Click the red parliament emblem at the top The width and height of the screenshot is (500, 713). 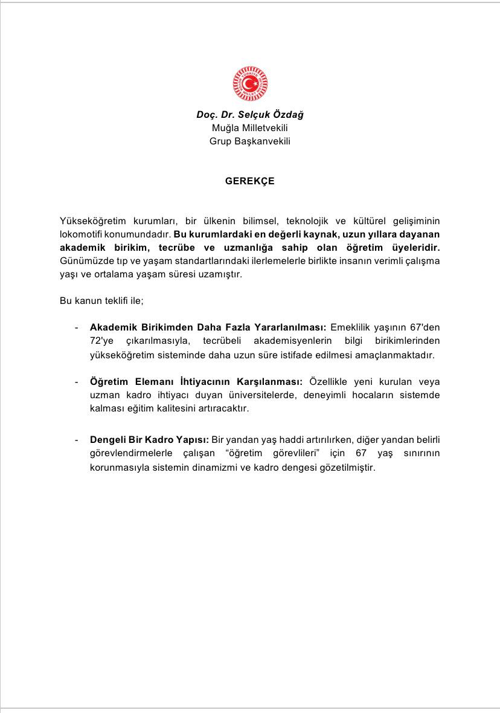pos(250,84)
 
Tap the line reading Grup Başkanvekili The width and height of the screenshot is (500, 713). pos(250,141)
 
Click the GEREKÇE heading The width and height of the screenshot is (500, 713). pos(250,181)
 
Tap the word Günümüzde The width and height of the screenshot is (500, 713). pos(84,260)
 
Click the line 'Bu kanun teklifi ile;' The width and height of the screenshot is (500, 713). pos(101,300)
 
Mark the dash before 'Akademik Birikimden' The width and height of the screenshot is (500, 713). pos(77,327)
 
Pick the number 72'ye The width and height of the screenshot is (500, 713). pos(102,341)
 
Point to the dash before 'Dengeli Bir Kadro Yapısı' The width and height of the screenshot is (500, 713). pos(77,440)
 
